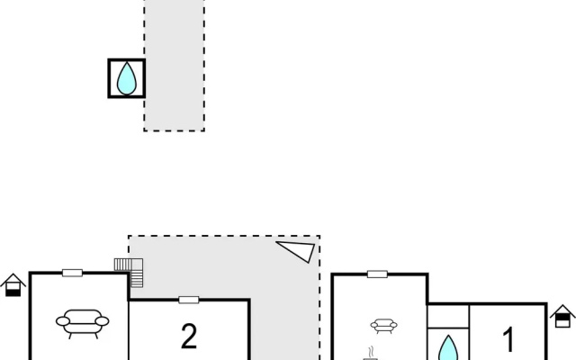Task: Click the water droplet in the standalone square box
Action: (x=127, y=78)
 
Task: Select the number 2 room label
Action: (x=189, y=336)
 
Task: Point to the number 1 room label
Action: (x=508, y=339)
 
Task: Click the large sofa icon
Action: (x=82, y=323)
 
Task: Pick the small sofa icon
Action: (x=384, y=326)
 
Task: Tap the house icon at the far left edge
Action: (x=13, y=285)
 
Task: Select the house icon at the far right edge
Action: (x=562, y=316)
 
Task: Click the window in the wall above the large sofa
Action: (x=72, y=273)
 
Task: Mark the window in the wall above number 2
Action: (x=189, y=300)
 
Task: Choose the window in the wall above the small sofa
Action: (x=377, y=274)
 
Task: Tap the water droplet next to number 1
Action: (x=448, y=348)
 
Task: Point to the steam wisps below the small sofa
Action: (x=372, y=351)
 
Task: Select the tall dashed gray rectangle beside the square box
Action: (x=174, y=65)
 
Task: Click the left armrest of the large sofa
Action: (x=63, y=321)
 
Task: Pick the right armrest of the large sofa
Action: (x=102, y=321)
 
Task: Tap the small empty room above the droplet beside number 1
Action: (x=448, y=316)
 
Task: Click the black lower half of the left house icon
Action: (x=13, y=292)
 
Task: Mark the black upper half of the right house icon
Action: (x=562, y=318)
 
